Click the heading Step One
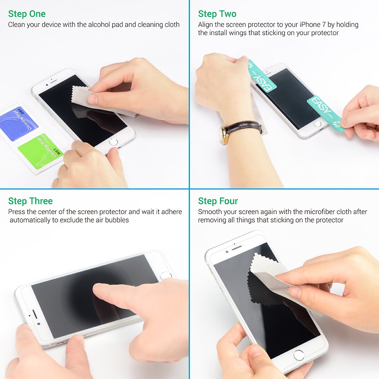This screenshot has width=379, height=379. [27, 14]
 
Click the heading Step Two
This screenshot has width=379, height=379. [217, 14]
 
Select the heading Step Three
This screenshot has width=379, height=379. [30, 201]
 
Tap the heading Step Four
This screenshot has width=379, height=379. [218, 201]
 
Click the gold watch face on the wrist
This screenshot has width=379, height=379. [223, 135]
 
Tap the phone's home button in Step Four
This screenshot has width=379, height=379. [299, 355]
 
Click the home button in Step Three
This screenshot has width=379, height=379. [166, 276]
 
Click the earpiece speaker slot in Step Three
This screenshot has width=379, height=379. [33, 314]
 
